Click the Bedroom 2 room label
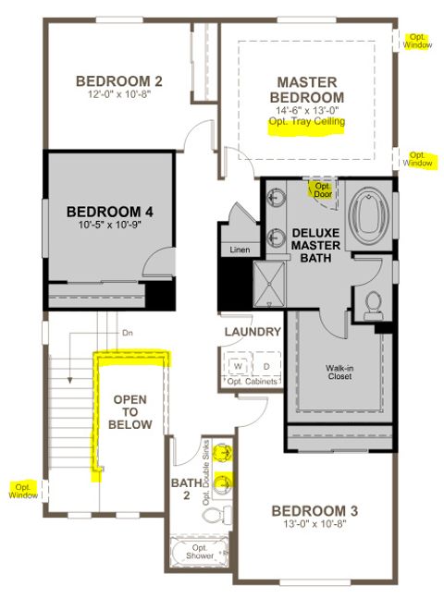coord(119,79)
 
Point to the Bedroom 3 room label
coord(316,510)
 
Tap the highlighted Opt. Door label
coord(321,189)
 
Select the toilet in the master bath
coord(375,301)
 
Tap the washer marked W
coord(238,364)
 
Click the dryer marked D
coord(265,364)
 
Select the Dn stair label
coord(128,333)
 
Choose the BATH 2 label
coord(182,489)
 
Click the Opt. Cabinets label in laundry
coord(250,383)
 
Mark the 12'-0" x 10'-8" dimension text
coord(119,94)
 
